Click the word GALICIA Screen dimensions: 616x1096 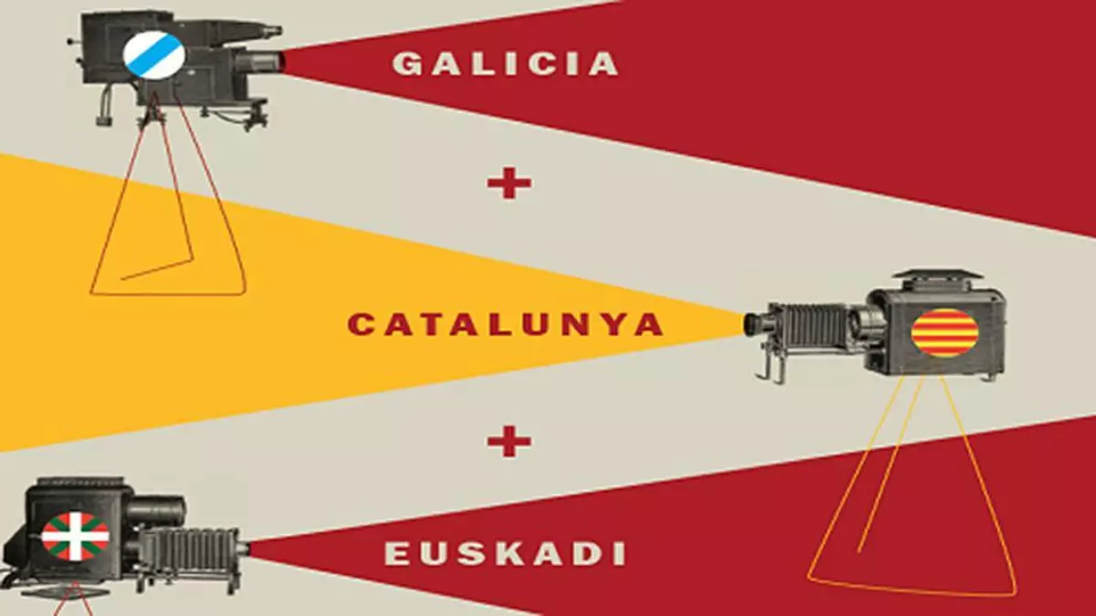pos(505,64)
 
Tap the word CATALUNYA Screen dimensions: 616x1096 pos(505,325)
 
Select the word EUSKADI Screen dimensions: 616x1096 pos(505,554)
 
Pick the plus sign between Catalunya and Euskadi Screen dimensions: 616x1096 pos(509,443)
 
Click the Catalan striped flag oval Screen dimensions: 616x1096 pos(944,332)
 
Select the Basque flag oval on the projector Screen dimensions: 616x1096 pos(75,537)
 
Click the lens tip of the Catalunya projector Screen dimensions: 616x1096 pos(752,324)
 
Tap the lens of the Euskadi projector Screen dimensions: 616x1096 pos(244,550)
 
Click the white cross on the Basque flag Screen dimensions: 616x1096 pos(75,537)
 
